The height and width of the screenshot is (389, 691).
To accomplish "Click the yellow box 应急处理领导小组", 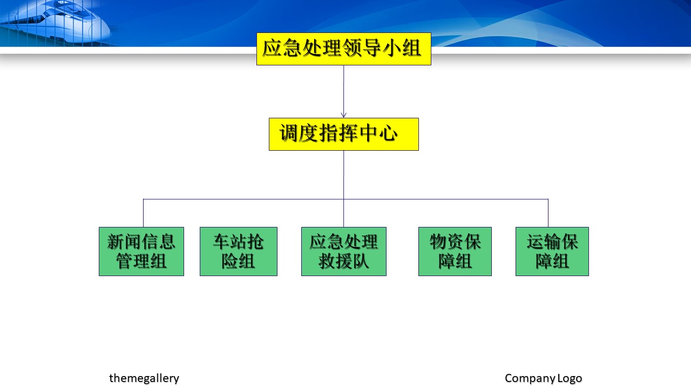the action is [344, 49].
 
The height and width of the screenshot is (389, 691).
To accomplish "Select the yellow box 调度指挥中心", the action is [344, 135].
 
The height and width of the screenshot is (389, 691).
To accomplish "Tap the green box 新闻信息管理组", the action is [141, 251].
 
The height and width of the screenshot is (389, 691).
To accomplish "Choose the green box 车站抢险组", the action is [239, 251].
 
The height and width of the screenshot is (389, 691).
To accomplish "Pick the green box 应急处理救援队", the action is [344, 251].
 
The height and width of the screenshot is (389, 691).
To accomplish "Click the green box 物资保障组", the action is [455, 251].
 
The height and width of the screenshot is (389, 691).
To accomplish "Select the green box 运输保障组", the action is [552, 251].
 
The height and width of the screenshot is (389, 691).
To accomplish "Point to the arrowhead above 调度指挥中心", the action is [344, 115].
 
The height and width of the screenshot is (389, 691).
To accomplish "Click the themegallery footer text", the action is [144, 378].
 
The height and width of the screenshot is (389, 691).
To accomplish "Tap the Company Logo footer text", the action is [543, 378].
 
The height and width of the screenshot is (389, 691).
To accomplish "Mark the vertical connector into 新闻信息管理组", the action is [143, 213].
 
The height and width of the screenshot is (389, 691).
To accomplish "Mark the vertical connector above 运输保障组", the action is [548, 213].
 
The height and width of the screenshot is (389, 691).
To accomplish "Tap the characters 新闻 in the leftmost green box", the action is [124, 242].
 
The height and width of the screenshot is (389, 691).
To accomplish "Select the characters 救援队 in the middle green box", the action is [344, 261].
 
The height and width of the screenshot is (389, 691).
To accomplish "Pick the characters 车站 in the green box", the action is [230, 242].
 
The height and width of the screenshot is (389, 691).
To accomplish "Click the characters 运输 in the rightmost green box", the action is [544, 242].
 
